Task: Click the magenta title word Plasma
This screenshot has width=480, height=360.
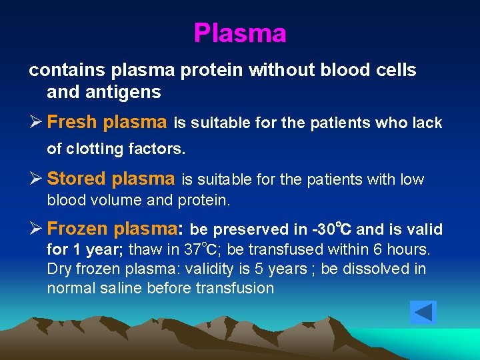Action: point(240,33)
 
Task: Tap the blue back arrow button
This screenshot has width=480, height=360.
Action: point(423,312)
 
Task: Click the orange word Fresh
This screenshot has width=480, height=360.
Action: point(71,122)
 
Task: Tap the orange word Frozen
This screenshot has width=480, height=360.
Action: point(78,229)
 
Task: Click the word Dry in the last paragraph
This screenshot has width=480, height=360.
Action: point(58,269)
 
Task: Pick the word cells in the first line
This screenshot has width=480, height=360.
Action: point(396,70)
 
